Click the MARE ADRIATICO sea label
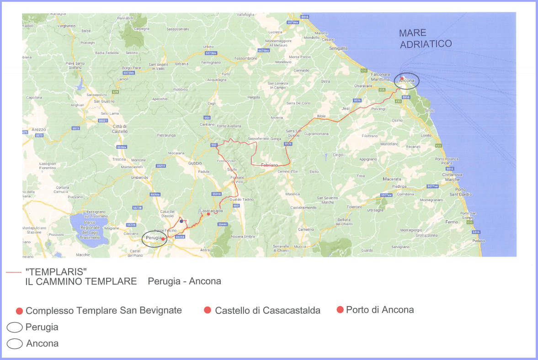click(425, 38)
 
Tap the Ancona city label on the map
click(406, 81)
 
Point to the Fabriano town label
click(269, 164)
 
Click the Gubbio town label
click(195, 163)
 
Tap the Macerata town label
click(392, 179)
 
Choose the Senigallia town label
click(339, 48)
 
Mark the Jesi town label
click(346, 109)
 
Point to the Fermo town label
click(451, 222)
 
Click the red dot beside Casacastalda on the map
click(208, 214)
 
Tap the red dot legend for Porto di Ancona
click(340, 310)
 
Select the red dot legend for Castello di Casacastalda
click(208, 311)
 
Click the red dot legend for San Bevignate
click(19, 311)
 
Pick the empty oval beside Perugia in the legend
click(15, 328)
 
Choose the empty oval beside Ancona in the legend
click(15, 344)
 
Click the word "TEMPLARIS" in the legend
click(56, 272)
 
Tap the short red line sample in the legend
click(14, 273)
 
